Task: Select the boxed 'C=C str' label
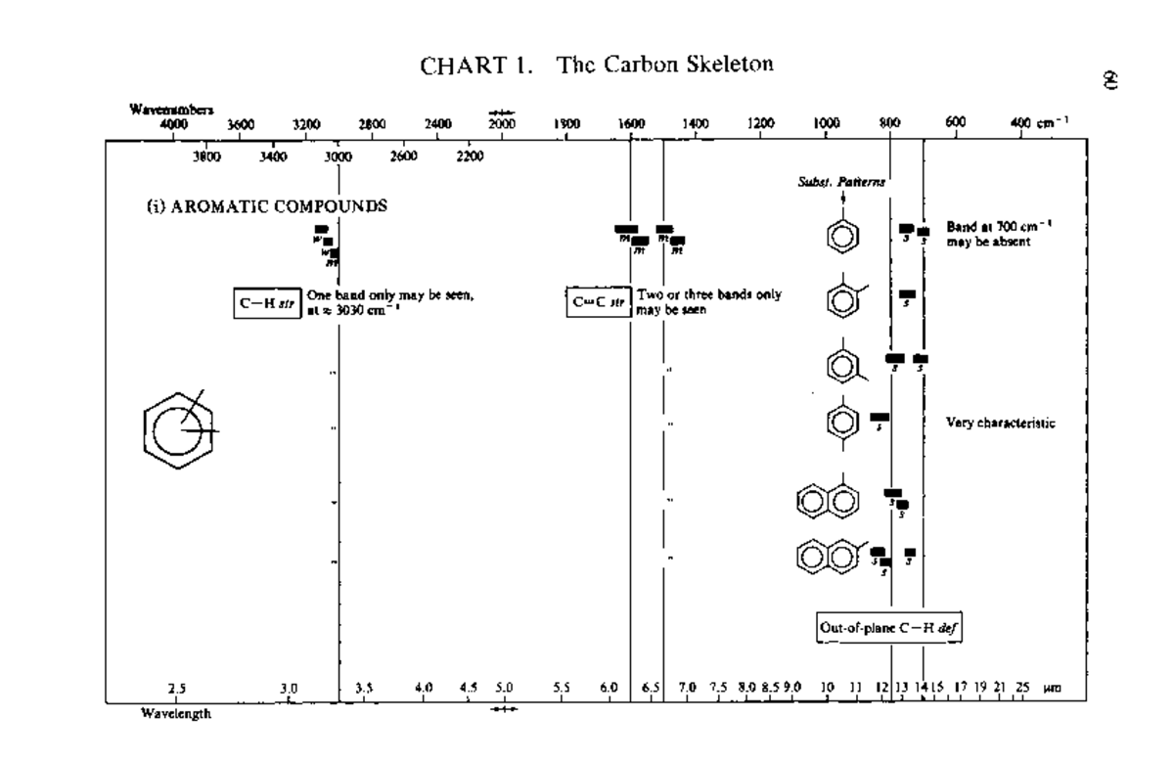coord(599,300)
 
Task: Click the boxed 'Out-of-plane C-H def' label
coord(888,627)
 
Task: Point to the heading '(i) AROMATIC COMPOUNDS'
coord(266,206)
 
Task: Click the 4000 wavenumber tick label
coord(173,124)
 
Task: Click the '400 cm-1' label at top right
coord(1038,123)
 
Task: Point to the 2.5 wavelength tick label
coord(177,689)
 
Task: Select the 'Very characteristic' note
coord(1000,423)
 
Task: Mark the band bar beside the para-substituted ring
coord(880,418)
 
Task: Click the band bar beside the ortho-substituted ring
coord(908,293)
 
